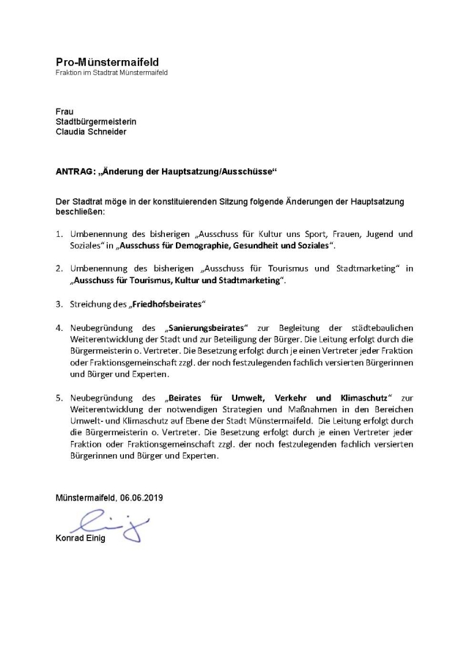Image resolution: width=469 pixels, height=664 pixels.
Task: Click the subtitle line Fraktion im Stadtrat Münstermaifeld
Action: click(x=111, y=73)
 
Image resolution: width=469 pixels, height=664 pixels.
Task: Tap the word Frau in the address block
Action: click(x=64, y=111)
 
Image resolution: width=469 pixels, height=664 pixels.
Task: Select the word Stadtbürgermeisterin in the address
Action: click(x=96, y=121)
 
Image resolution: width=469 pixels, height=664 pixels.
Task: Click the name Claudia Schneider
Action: click(x=92, y=132)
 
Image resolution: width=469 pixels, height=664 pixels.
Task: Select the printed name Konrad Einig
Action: click(x=81, y=540)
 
